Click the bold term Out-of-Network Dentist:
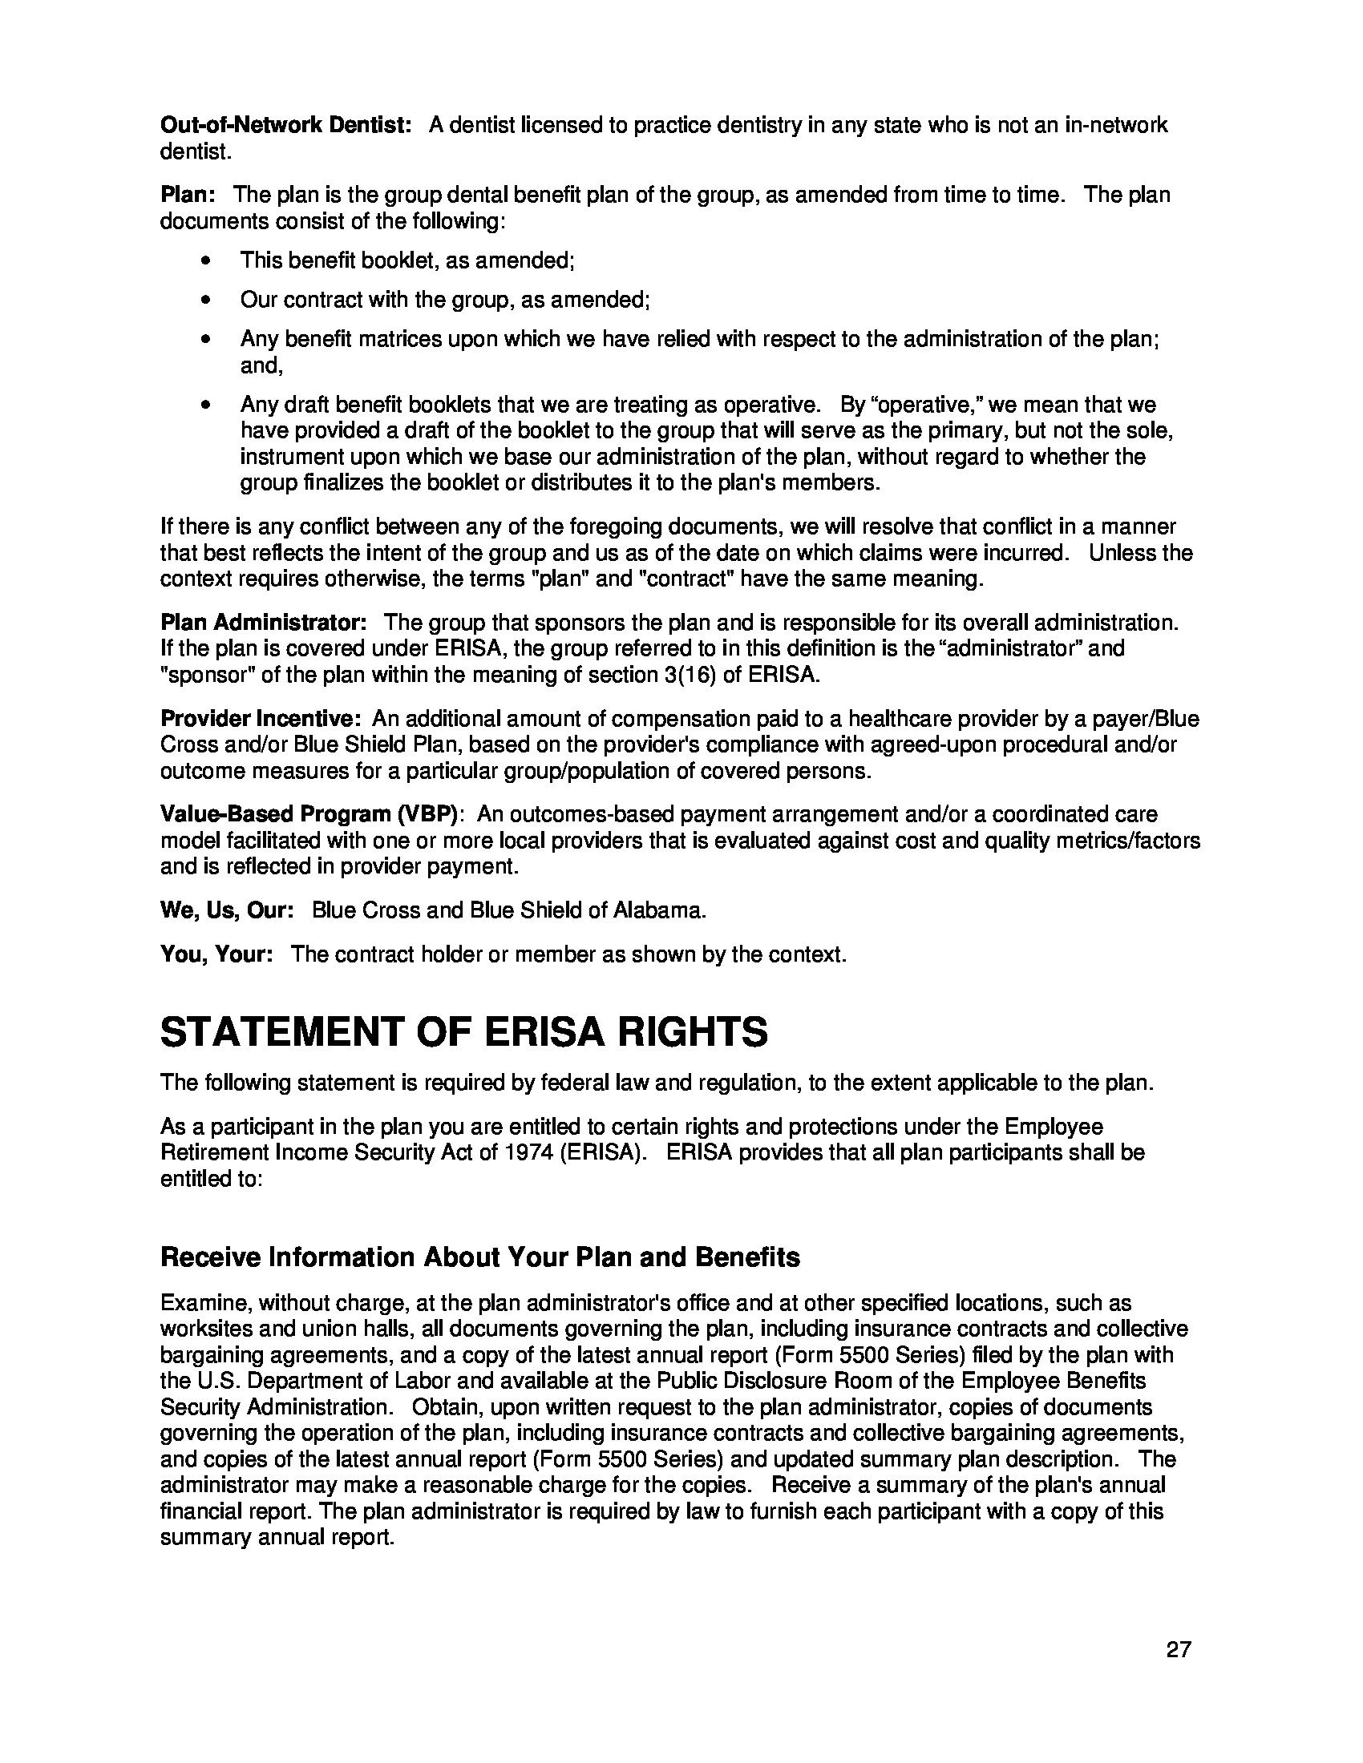tap(286, 125)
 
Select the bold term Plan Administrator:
tap(263, 623)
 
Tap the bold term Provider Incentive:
tap(260, 719)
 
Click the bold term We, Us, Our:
tap(226, 910)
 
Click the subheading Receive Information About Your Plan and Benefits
tap(480, 1257)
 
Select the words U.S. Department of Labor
tap(297, 1382)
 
